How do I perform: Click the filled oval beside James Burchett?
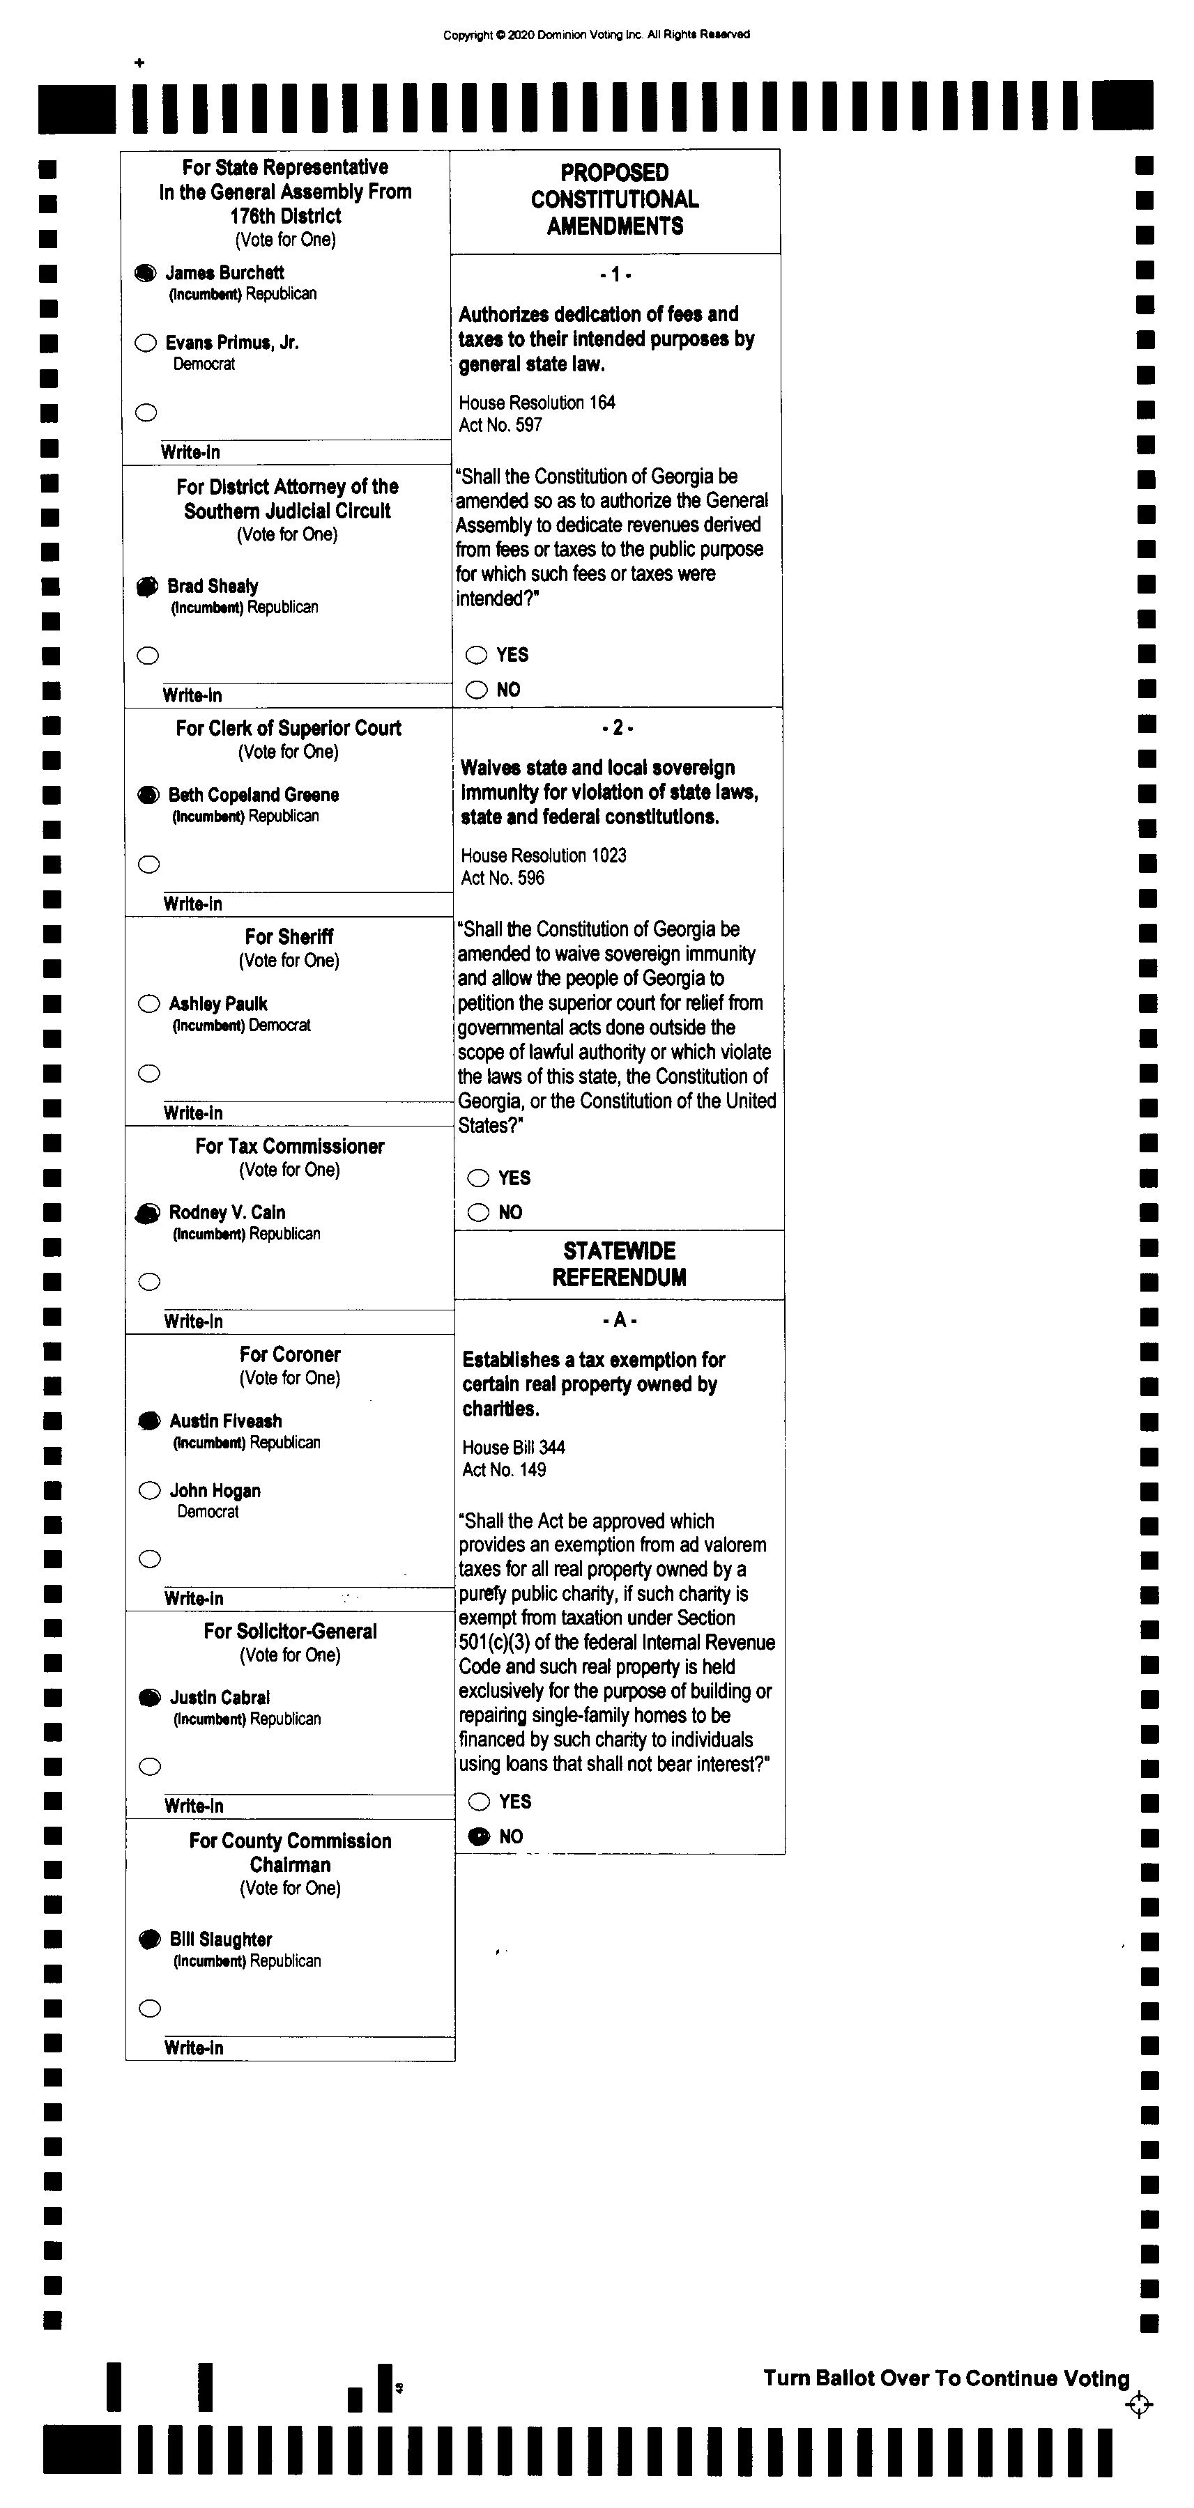[x=145, y=272]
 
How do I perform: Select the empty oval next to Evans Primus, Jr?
[x=146, y=343]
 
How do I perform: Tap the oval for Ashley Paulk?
[x=149, y=1004]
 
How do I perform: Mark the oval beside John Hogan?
[x=150, y=1491]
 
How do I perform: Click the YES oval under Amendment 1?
[x=476, y=656]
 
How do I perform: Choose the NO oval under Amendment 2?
[x=478, y=1212]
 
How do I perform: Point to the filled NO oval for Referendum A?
[x=479, y=1836]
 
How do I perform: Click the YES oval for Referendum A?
[x=479, y=1801]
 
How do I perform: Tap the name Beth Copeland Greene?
[x=253, y=794]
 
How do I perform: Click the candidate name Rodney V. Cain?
[x=227, y=1212]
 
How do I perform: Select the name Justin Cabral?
[x=220, y=1697]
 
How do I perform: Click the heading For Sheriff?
[x=289, y=936]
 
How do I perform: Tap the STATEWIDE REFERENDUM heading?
[x=620, y=1264]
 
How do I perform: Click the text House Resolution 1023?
[x=544, y=856]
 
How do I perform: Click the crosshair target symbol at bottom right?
[x=1138, y=2405]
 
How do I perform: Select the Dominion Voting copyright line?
[x=596, y=35]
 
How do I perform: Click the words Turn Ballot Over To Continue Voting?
[x=946, y=2378]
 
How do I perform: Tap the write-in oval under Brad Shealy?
[x=148, y=656]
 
